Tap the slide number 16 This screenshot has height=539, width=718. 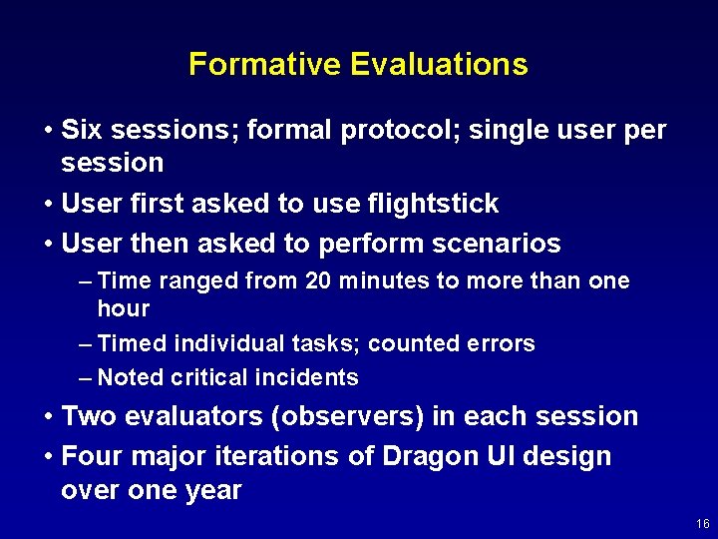pos(703,524)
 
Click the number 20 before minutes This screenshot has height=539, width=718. pos(319,281)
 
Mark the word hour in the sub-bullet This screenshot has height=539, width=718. pos(123,309)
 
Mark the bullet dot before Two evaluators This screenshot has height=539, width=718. pos(49,417)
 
